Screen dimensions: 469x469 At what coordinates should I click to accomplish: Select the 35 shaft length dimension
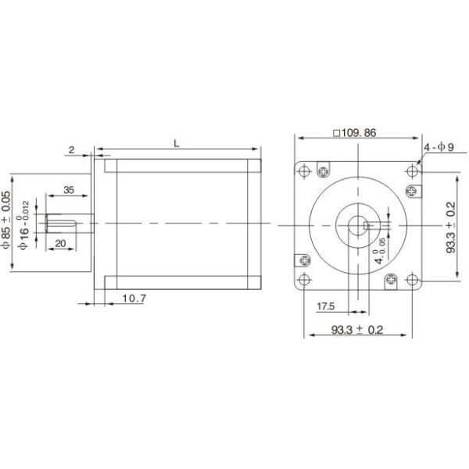[x=68, y=190]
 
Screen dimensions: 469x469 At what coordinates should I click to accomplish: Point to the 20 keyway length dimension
[x=60, y=243]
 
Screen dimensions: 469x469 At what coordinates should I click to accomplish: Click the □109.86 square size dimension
[x=356, y=133]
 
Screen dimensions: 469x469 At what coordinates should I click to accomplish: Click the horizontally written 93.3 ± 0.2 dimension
[x=356, y=330]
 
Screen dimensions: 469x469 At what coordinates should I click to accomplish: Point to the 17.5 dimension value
[x=327, y=305]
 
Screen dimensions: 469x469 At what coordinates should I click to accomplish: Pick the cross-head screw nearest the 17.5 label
[x=304, y=262]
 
